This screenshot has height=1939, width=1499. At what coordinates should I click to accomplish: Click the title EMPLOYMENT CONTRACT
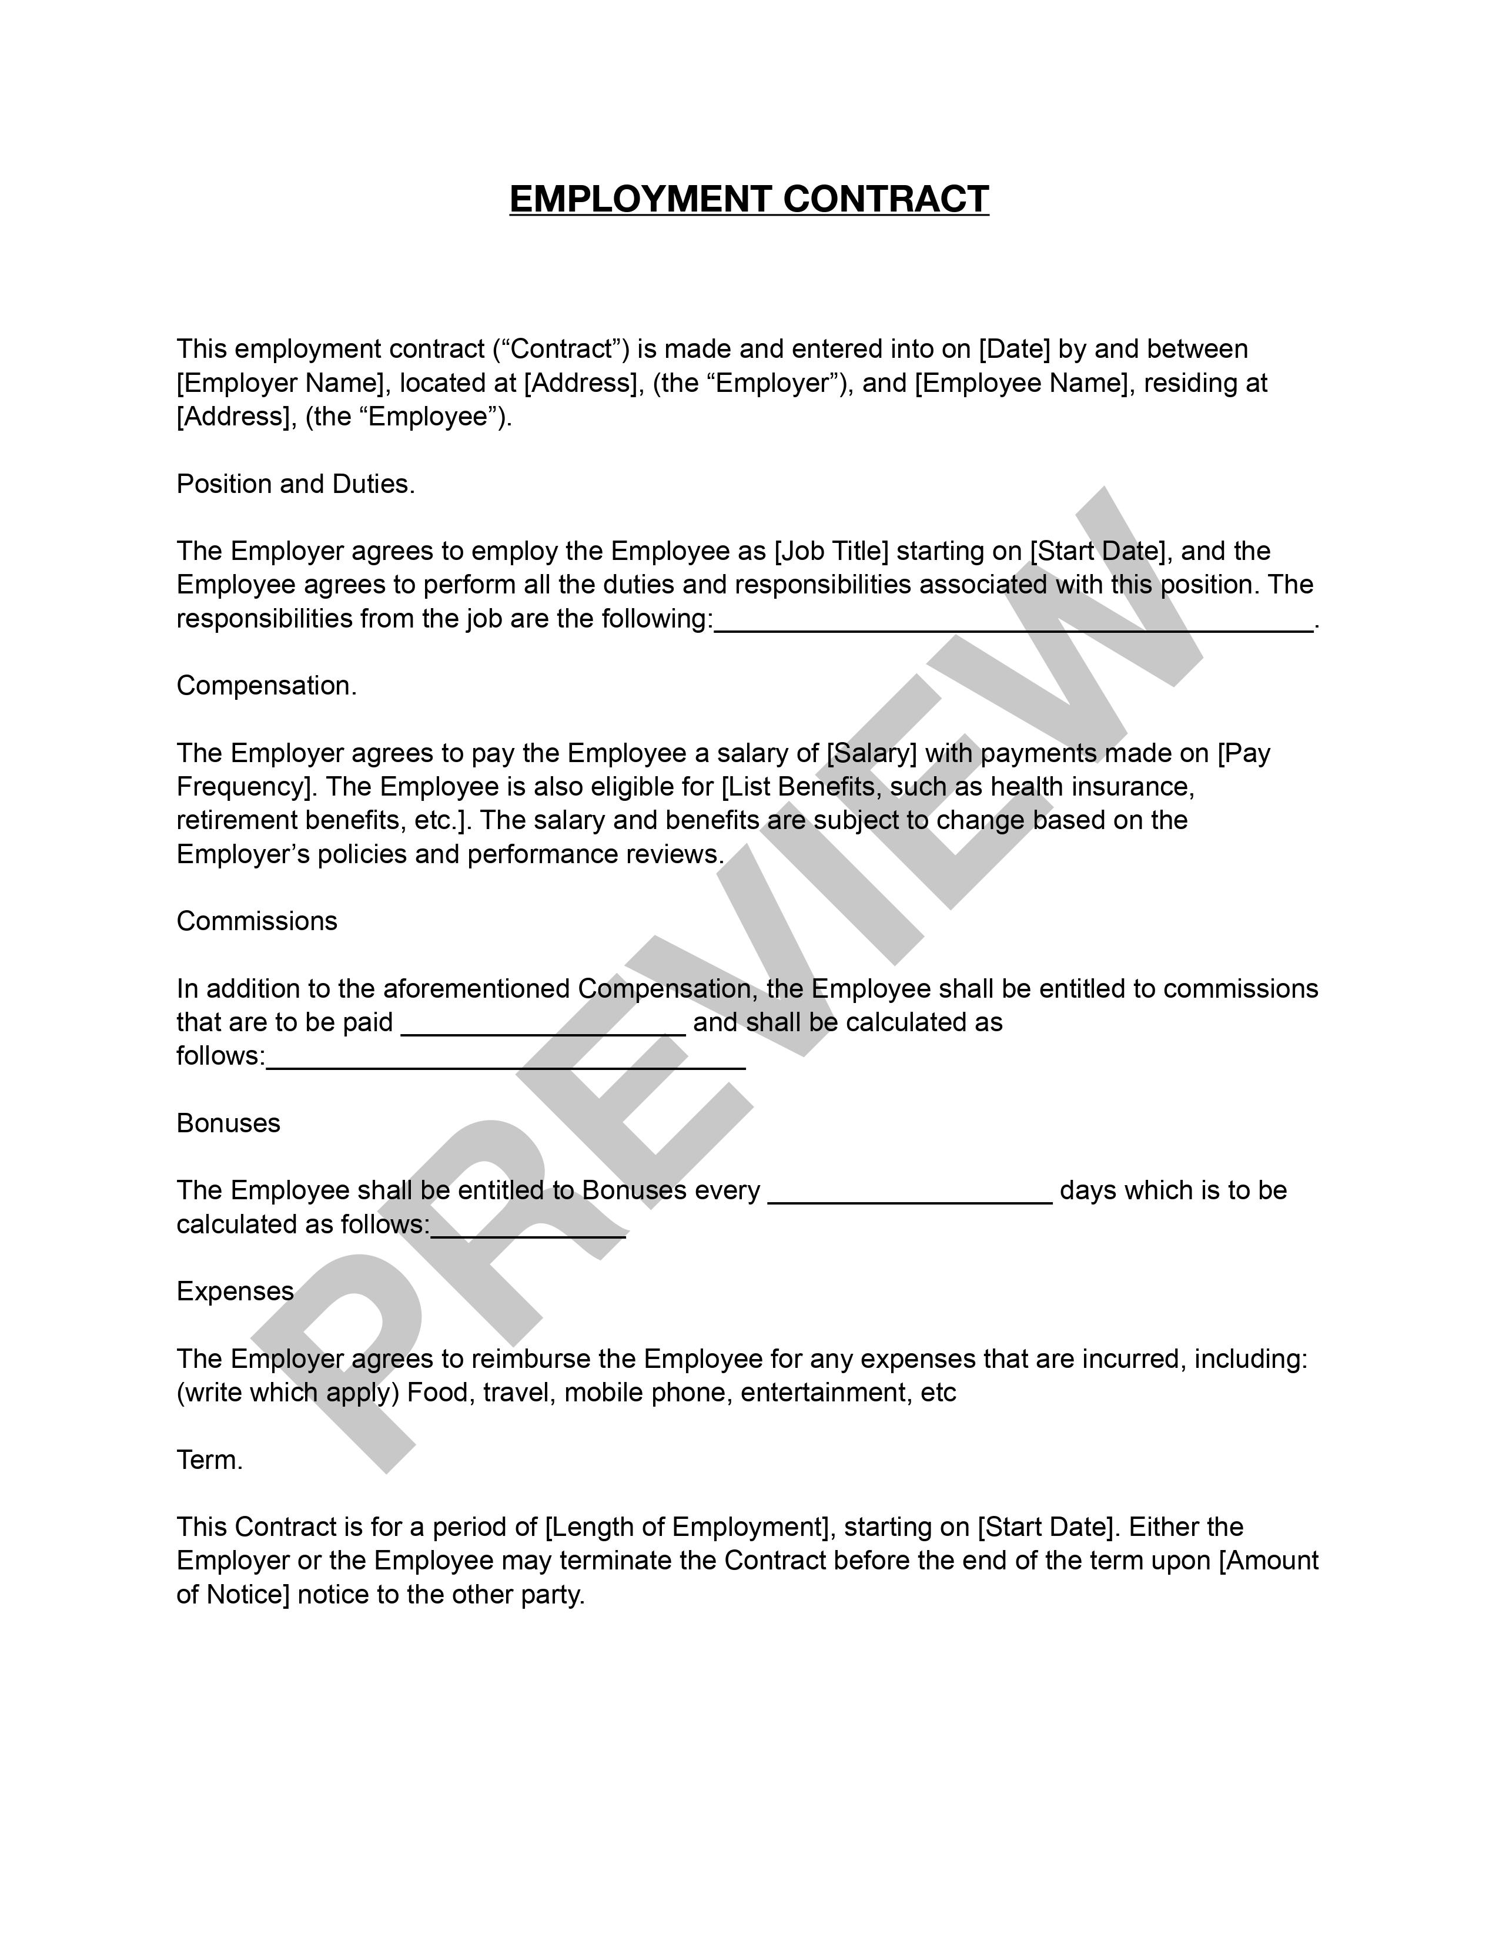(748, 199)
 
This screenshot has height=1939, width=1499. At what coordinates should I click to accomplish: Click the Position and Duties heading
(296, 484)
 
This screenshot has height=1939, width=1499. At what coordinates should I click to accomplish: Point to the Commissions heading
(257, 921)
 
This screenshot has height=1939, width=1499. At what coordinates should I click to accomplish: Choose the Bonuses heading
(228, 1123)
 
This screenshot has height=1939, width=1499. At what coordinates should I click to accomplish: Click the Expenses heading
(235, 1291)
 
